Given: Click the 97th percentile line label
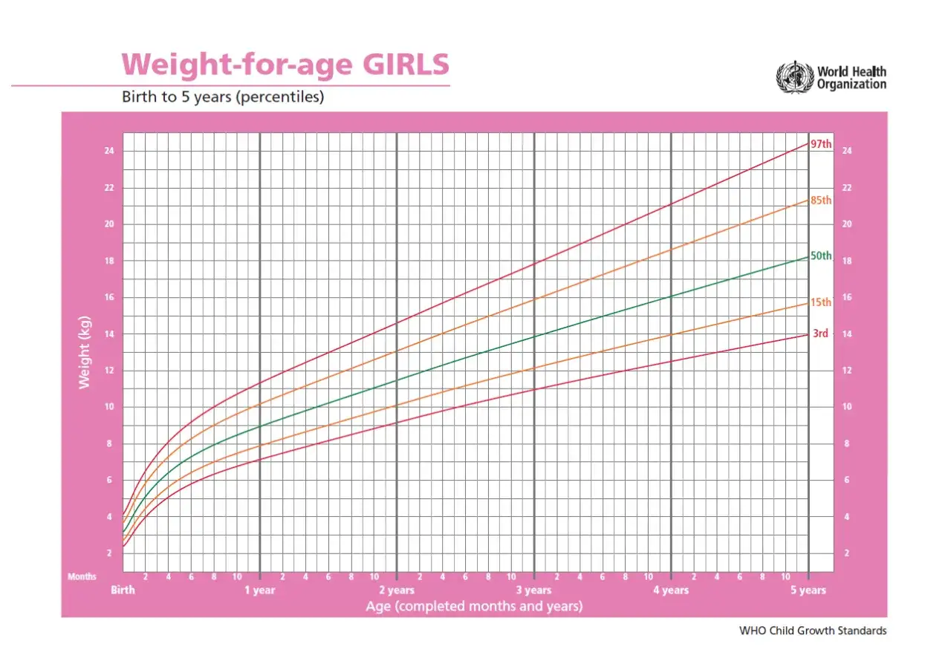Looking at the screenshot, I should (x=821, y=144).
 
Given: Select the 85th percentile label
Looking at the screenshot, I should (x=821, y=201).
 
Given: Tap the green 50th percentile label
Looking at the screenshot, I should (x=821, y=256).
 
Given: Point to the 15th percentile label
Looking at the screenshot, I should (x=821, y=302).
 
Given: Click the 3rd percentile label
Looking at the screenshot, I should (x=820, y=334).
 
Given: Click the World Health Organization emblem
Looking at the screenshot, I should (x=795, y=77).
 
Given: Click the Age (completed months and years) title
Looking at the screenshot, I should (x=474, y=606).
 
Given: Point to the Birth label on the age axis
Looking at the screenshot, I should (x=123, y=591).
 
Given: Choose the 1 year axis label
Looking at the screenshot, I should (x=260, y=591).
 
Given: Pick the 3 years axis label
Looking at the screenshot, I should (x=533, y=591).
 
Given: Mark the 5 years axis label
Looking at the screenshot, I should (x=808, y=591).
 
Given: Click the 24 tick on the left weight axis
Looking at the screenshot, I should (x=109, y=151).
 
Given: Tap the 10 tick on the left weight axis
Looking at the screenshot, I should (x=109, y=407).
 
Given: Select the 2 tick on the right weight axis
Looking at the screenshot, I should (x=846, y=553).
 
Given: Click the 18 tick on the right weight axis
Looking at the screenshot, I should (x=847, y=261).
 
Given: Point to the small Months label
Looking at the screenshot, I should (x=82, y=576).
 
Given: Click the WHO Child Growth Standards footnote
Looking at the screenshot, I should (x=813, y=631).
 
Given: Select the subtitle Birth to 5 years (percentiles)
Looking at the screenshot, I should (x=223, y=97).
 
